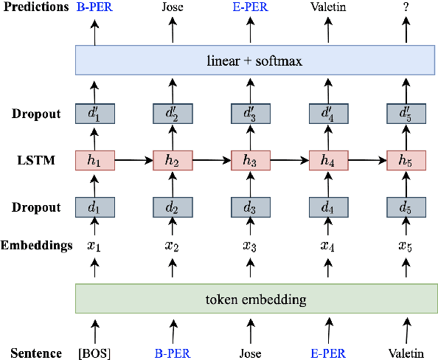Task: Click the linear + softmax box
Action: coord(251,60)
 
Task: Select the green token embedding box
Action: coord(251,300)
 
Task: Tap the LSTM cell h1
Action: coord(94,160)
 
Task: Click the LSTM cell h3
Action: coord(251,160)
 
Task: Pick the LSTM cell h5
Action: coord(406,160)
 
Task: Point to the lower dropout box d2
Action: coord(173,207)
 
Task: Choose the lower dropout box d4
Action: coord(328,207)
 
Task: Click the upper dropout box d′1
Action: coord(94,114)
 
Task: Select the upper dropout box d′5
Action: coord(406,114)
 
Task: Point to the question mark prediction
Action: coord(406,9)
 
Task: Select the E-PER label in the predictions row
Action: coord(251,9)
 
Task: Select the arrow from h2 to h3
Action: coord(212,160)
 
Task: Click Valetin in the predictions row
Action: coord(328,9)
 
